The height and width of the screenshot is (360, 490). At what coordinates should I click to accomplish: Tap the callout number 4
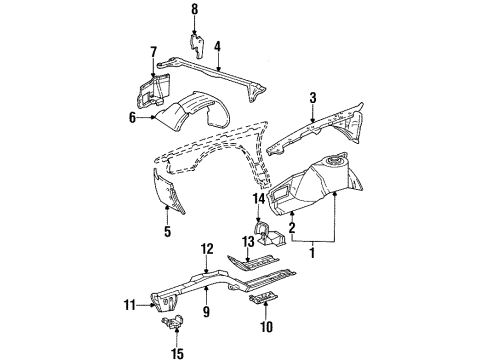[216, 45]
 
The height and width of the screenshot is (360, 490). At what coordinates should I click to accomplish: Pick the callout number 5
[167, 232]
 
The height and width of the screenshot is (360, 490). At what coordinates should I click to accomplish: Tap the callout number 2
[291, 228]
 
